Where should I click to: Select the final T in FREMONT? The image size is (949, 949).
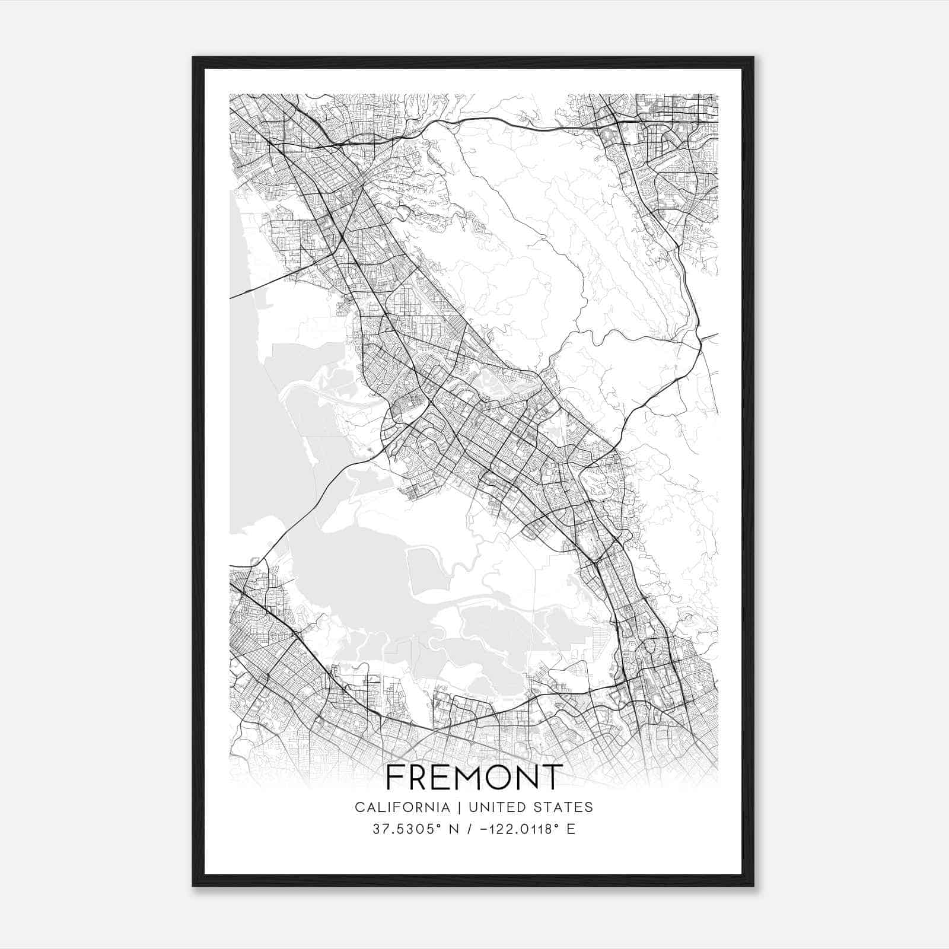[552, 777]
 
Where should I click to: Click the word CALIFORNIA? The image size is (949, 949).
[402, 807]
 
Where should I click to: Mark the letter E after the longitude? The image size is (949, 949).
[571, 829]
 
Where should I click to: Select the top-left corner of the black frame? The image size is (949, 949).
[193, 58]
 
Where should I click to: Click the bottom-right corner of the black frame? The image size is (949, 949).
[753, 886]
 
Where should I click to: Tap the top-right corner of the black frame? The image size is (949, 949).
[753, 58]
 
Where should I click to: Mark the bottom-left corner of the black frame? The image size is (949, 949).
[193, 886]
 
